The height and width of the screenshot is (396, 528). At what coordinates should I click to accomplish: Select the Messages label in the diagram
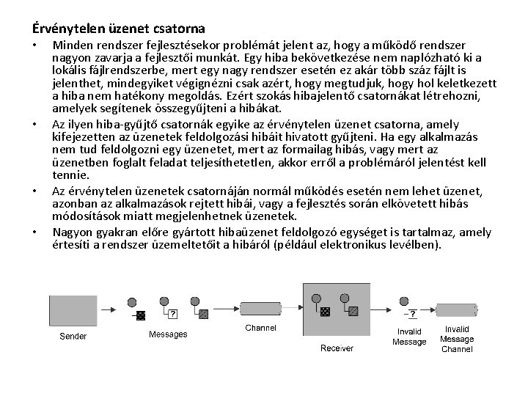pyautogui.click(x=168, y=334)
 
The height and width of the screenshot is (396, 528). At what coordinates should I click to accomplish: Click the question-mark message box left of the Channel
pyautogui.click(x=172, y=314)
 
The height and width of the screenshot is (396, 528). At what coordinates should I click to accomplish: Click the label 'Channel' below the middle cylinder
pyautogui.click(x=260, y=328)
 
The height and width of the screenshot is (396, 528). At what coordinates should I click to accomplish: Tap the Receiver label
pyautogui.click(x=337, y=348)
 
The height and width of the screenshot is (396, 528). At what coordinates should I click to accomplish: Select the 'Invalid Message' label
pyautogui.click(x=408, y=337)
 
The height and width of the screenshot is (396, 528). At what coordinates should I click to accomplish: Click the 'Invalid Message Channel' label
pyautogui.click(x=456, y=340)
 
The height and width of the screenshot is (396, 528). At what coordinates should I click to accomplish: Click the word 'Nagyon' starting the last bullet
pyautogui.click(x=72, y=232)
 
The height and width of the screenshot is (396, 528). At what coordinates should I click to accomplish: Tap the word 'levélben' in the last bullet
pyautogui.click(x=414, y=244)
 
